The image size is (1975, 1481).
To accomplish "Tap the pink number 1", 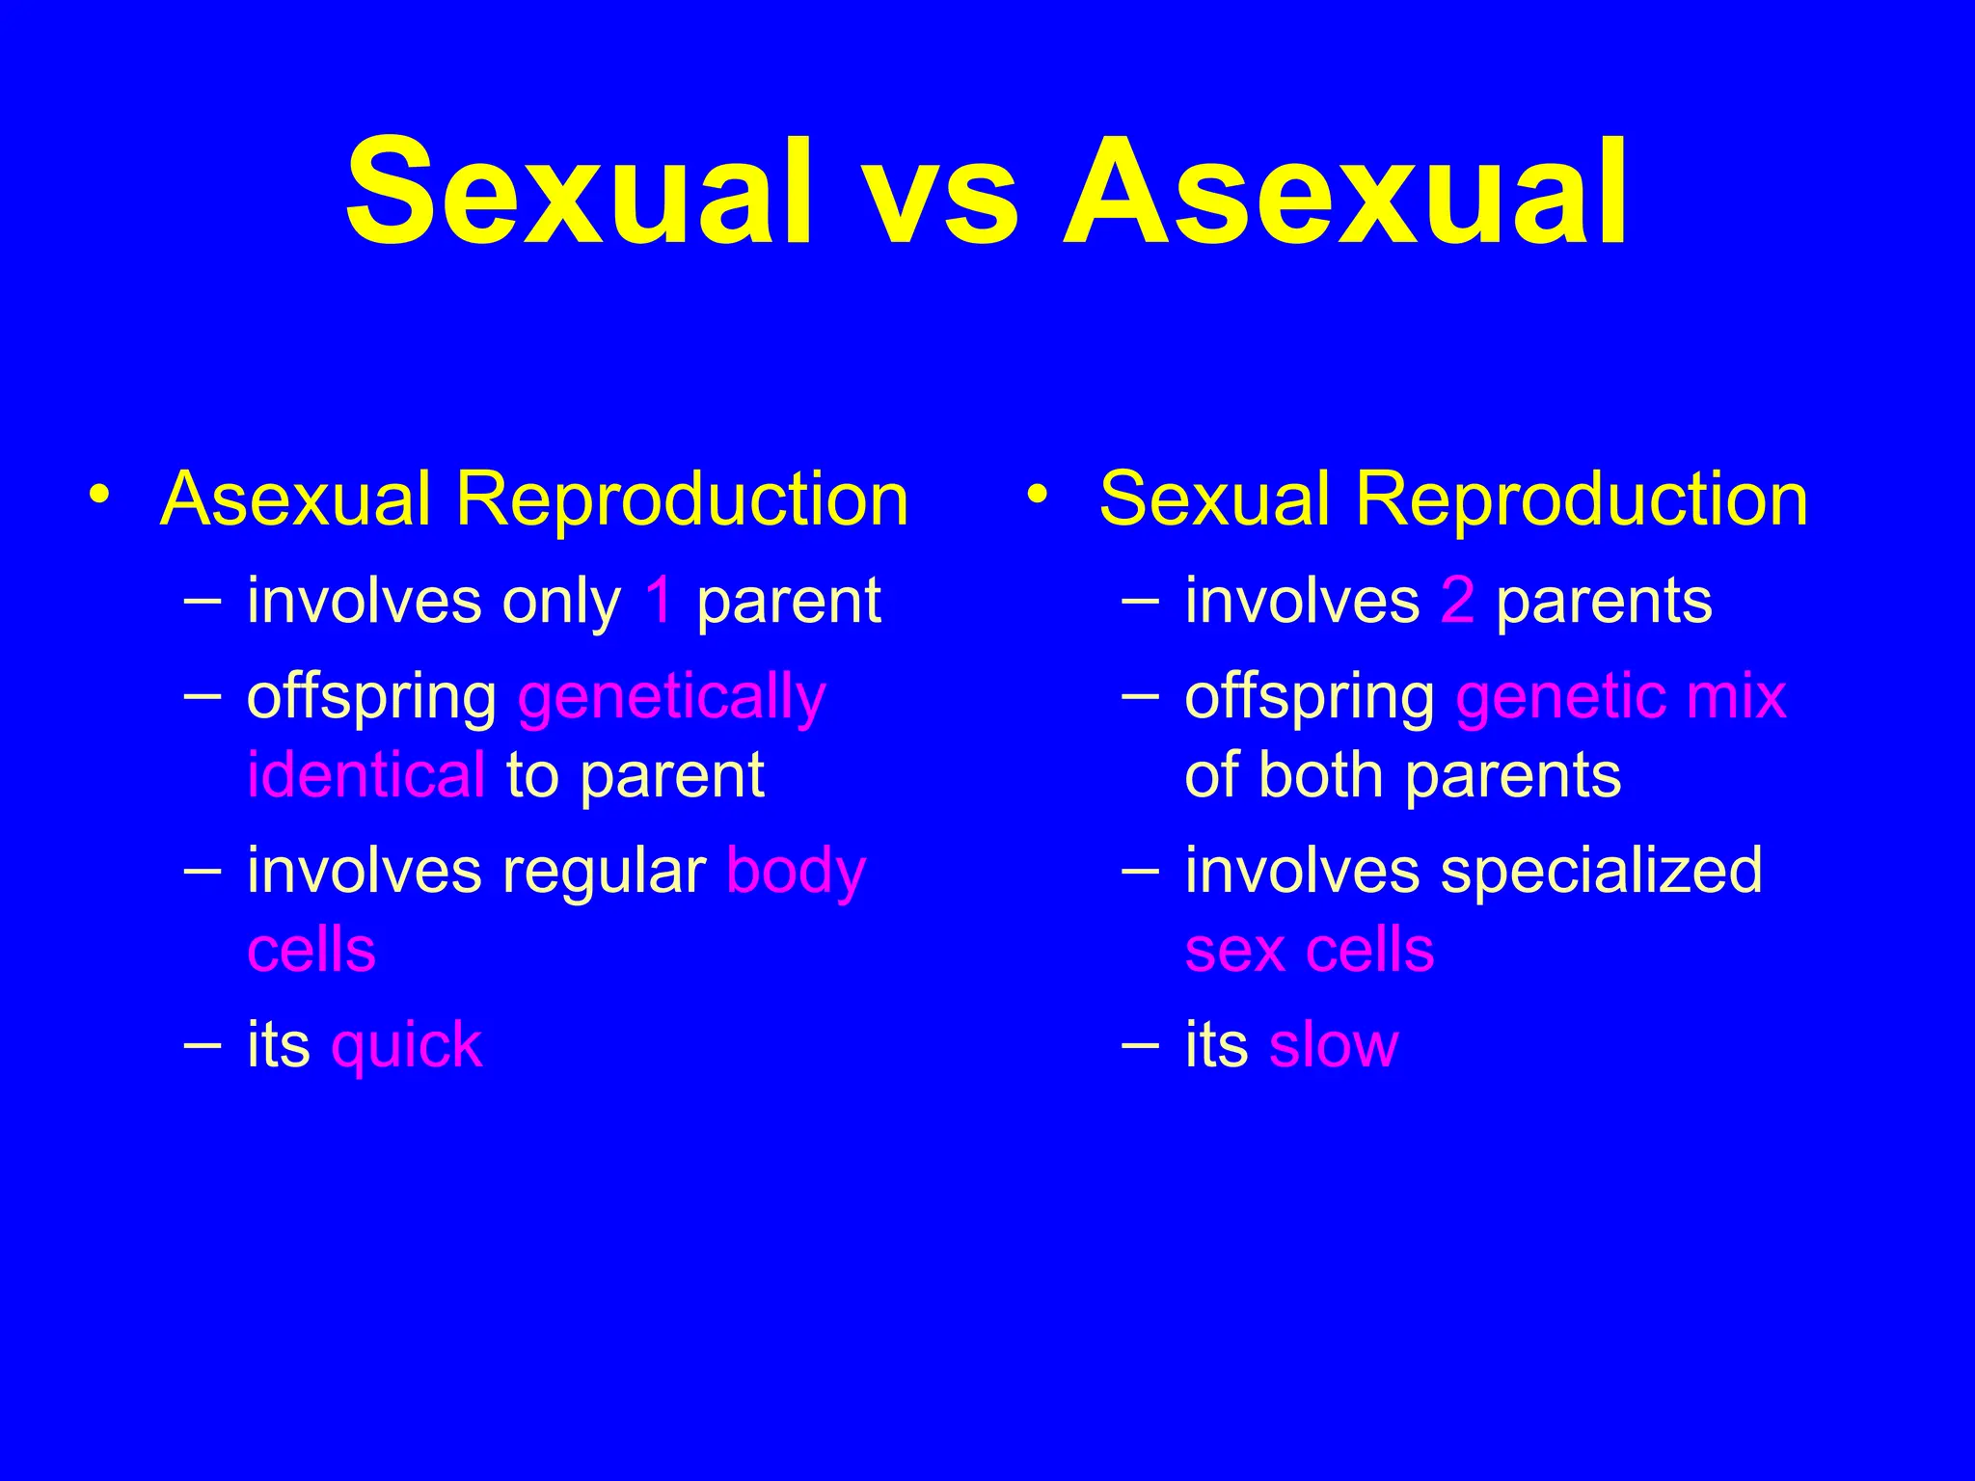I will click(660, 600).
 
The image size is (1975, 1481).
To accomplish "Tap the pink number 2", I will click(1457, 600).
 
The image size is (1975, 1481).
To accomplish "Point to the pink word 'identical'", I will click(365, 774).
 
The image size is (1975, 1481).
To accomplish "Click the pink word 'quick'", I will click(406, 1045).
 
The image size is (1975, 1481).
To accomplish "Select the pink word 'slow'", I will click(1333, 1044).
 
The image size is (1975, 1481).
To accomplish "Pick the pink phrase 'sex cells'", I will click(1309, 950).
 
